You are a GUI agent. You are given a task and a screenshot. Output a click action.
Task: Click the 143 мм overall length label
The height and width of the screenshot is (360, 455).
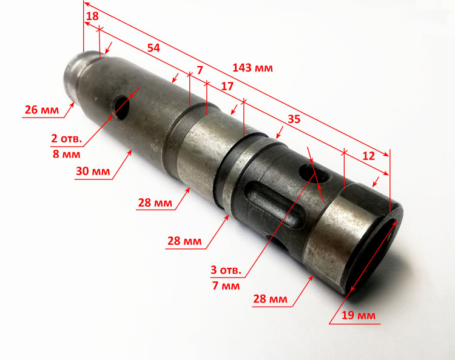tap(252, 68)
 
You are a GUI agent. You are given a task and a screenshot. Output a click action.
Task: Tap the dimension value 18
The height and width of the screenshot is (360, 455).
tap(92, 16)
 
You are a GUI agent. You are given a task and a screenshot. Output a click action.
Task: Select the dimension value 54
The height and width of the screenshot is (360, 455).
tap(153, 48)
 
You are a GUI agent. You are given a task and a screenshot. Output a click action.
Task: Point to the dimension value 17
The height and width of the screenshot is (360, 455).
tap(227, 86)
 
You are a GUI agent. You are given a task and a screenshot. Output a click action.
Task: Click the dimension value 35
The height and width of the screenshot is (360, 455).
tap(294, 119)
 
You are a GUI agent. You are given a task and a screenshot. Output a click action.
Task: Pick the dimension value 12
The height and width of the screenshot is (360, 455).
tap(368, 156)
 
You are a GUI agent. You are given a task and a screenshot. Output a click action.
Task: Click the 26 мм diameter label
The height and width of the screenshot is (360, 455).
tap(42, 110)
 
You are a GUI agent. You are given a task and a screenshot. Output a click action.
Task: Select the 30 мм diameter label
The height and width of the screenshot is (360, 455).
tap(93, 172)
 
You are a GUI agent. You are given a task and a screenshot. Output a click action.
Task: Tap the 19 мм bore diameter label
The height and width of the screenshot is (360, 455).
tap(359, 315)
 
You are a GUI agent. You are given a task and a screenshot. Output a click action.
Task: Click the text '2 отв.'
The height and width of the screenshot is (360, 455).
tap(67, 139)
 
